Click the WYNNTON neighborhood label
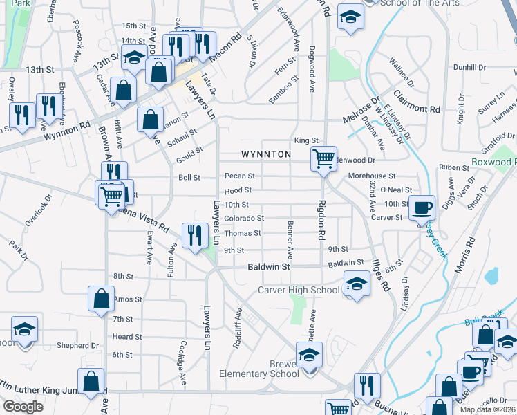click(266, 154)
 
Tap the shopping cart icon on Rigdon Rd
click(323, 158)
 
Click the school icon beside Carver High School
click(356, 284)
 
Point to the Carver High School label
click(299, 290)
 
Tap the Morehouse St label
click(371, 176)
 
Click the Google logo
click(23, 406)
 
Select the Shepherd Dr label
click(78, 345)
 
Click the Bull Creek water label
click(476, 322)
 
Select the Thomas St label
click(247, 234)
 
